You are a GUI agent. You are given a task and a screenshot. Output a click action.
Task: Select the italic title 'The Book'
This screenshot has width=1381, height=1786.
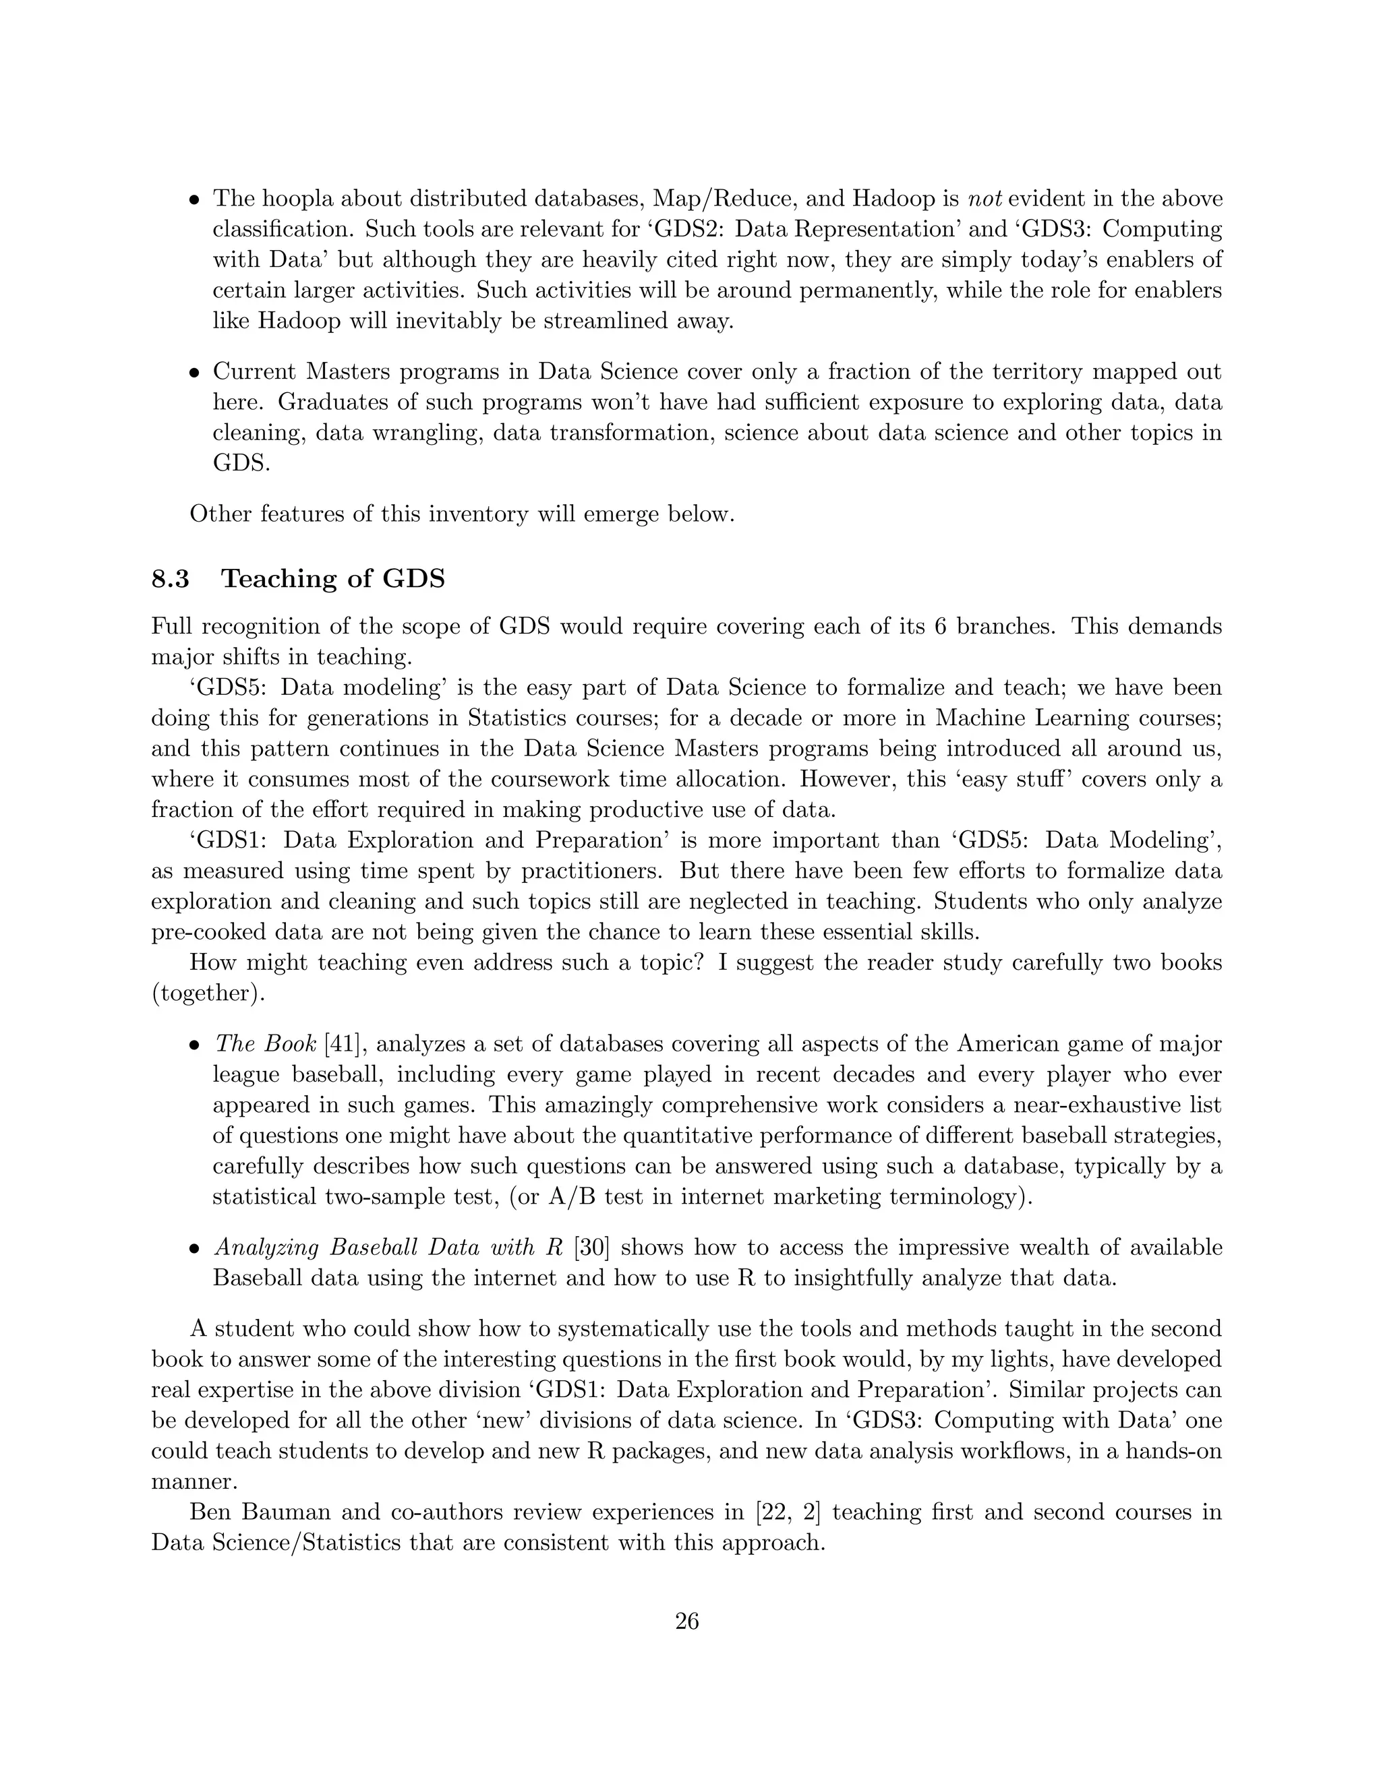click(265, 1044)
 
